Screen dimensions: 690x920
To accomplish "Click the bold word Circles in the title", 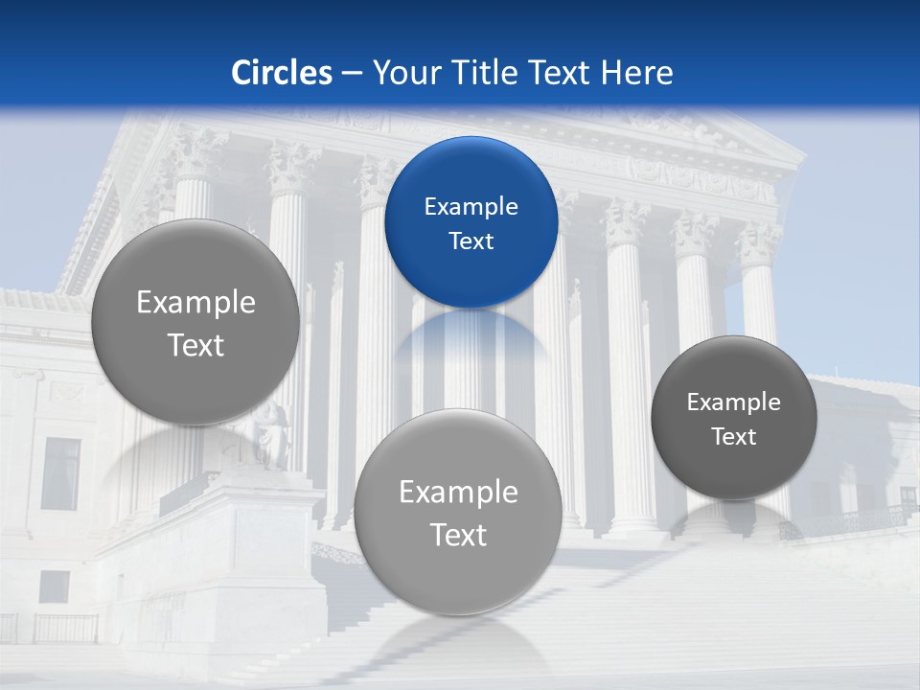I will pyautogui.click(x=282, y=73).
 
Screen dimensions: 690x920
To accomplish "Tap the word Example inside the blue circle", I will pyautogui.click(x=471, y=207).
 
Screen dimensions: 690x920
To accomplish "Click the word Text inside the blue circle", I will pyautogui.click(x=471, y=241).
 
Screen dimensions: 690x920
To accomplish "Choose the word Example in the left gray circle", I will pyautogui.click(x=195, y=303).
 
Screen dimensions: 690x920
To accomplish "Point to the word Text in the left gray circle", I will pyautogui.click(x=195, y=346).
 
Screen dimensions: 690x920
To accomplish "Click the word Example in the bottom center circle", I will pyautogui.click(x=458, y=493).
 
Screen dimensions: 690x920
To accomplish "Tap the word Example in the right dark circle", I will pyautogui.click(x=733, y=402).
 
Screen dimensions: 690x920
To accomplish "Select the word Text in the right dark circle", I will pyautogui.click(x=733, y=437).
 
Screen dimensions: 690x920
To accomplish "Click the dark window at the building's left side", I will pyautogui.click(x=60, y=473).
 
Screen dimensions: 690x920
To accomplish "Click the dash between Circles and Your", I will pyautogui.click(x=352, y=74).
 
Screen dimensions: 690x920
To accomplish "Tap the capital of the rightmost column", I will pyautogui.click(x=759, y=245).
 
